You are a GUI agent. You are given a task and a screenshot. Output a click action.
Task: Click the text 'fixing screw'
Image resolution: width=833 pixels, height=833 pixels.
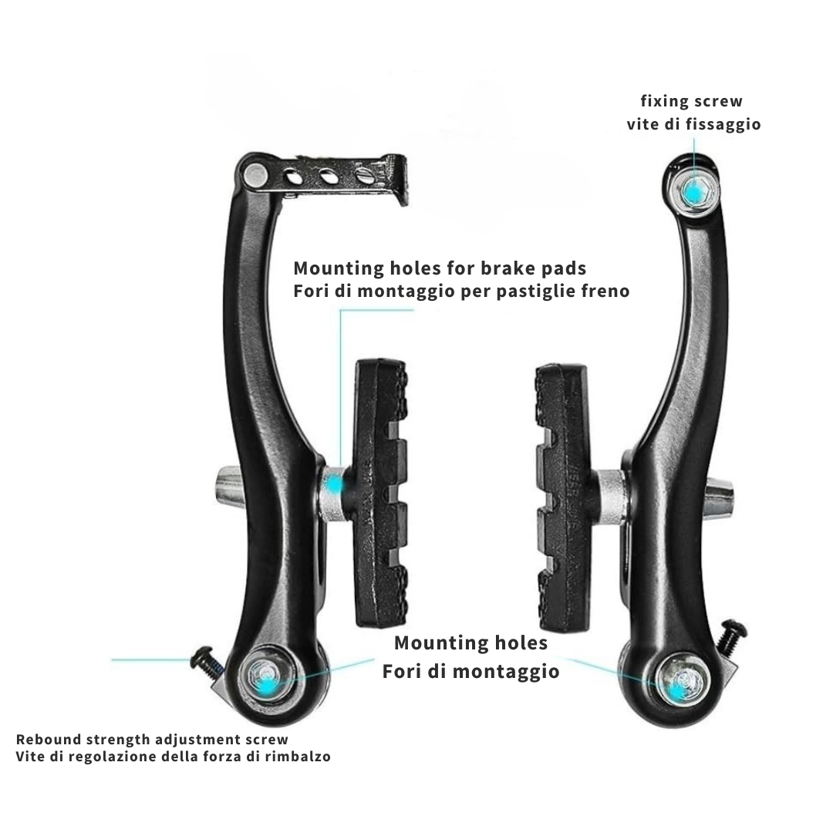(x=691, y=101)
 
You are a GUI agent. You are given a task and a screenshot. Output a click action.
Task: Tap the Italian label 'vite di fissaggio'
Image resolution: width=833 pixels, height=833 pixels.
(x=694, y=124)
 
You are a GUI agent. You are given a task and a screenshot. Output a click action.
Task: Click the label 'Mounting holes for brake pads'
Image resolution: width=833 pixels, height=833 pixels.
(x=440, y=268)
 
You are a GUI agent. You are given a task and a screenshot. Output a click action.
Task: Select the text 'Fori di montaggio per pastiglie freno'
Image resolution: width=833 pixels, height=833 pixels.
(x=462, y=291)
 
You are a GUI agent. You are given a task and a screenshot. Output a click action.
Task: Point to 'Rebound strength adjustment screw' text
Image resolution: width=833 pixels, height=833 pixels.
(x=152, y=740)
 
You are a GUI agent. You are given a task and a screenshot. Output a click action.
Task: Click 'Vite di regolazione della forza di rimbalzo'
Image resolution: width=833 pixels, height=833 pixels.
(x=174, y=757)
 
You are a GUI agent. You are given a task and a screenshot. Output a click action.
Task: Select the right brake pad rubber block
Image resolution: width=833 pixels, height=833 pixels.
(x=562, y=497)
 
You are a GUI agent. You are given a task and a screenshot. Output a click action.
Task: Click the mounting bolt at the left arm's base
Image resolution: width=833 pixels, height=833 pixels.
(x=267, y=676)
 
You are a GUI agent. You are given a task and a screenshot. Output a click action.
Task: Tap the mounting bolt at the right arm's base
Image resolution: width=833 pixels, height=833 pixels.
(x=682, y=682)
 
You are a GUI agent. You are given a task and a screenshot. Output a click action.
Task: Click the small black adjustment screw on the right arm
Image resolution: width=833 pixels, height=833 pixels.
(x=730, y=636)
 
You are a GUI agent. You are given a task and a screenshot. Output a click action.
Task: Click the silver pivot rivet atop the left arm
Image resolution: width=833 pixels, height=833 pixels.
(x=255, y=176)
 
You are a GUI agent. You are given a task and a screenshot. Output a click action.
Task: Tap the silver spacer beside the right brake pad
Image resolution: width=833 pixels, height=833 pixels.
(x=610, y=497)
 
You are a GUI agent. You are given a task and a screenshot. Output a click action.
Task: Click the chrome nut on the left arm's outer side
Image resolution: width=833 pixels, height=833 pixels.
(x=229, y=486)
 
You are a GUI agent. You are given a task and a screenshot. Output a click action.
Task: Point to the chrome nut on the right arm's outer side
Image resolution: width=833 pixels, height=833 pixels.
(x=720, y=496)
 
